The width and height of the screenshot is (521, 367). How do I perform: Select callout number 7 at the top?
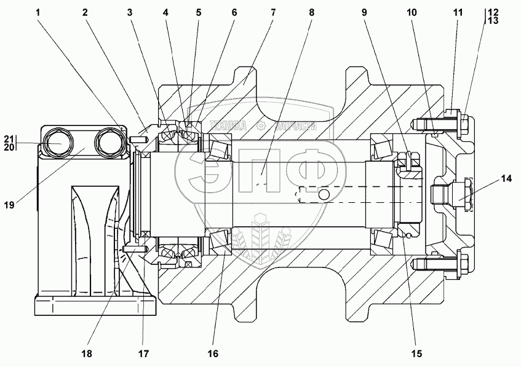pos(273,12)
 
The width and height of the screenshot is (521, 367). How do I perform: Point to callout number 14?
pos(506,179)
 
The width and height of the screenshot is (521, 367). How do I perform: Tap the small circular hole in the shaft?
pos(324,195)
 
